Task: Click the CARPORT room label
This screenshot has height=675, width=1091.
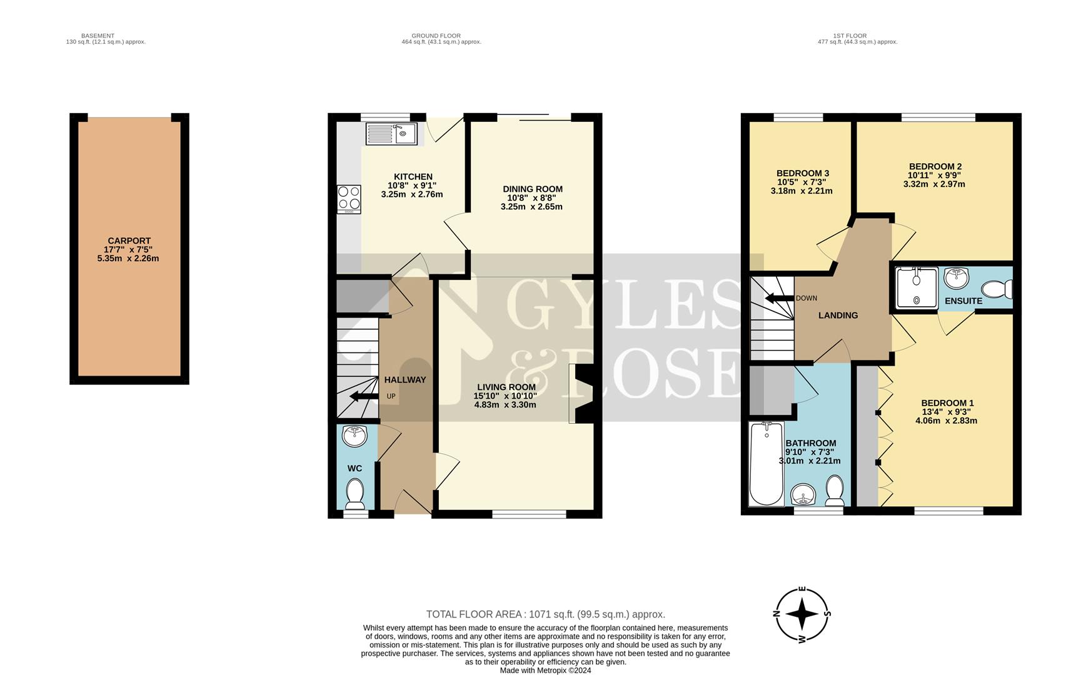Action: pyautogui.click(x=129, y=241)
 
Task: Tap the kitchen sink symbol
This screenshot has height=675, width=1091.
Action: pyautogui.click(x=392, y=134)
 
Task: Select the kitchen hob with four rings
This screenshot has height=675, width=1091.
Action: pyautogui.click(x=349, y=199)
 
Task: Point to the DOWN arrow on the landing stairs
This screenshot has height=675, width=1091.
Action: pyautogui.click(x=779, y=298)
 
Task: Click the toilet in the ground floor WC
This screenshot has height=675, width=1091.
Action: pyautogui.click(x=355, y=494)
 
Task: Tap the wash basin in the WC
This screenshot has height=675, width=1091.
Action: pyautogui.click(x=354, y=435)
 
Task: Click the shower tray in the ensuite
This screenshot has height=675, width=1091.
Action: pyautogui.click(x=917, y=287)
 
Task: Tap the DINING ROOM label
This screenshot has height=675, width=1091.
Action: pyautogui.click(x=532, y=189)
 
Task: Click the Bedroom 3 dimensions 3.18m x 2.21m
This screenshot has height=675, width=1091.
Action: pyautogui.click(x=802, y=191)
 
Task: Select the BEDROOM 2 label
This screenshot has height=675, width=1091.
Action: pyautogui.click(x=935, y=166)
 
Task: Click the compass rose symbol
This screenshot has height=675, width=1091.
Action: pyautogui.click(x=802, y=614)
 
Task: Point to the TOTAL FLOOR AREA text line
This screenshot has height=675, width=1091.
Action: pyautogui.click(x=545, y=614)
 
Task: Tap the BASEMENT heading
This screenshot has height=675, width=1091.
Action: pyautogui.click(x=98, y=36)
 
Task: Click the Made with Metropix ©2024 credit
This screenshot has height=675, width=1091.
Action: pyautogui.click(x=545, y=671)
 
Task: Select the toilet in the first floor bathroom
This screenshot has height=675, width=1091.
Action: pyautogui.click(x=835, y=491)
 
